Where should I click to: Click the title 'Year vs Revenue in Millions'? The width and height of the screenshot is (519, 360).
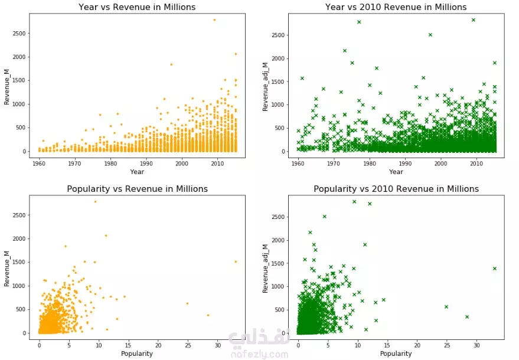[x=137, y=7]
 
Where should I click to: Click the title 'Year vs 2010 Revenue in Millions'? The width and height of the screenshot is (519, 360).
[x=396, y=7]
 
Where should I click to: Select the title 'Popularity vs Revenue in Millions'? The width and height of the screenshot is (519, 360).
[x=137, y=189]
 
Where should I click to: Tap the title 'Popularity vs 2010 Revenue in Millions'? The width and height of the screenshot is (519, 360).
[x=396, y=189]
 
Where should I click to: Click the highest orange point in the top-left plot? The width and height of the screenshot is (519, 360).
[x=214, y=19]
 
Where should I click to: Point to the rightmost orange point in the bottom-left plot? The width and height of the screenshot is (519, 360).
[x=236, y=261]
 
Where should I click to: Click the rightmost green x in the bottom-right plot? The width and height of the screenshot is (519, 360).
[x=494, y=268]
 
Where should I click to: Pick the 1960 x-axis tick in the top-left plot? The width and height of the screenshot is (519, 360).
[x=40, y=163]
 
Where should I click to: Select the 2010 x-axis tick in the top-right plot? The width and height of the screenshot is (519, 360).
[x=476, y=163]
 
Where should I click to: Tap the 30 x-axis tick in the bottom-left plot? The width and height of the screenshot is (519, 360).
[x=218, y=345]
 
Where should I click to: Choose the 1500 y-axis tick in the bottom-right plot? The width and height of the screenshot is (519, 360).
[x=284, y=263]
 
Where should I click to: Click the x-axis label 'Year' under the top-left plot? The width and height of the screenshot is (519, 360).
[x=137, y=172]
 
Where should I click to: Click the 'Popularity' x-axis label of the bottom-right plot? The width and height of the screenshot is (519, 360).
[x=396, y=354]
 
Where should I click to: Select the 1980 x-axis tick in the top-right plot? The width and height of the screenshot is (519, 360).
[x=370, y=163]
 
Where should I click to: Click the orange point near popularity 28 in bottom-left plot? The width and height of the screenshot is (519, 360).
[x=208, y=315]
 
